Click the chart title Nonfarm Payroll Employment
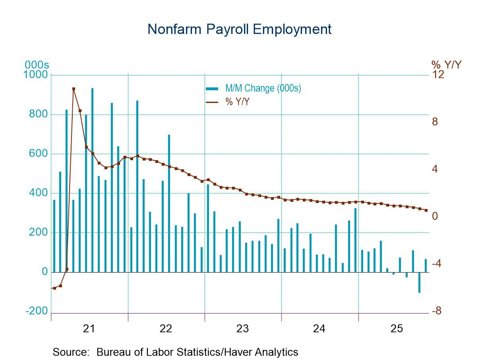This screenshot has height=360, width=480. (x=239, y=29)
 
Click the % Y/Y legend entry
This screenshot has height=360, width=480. (x=237, y=102)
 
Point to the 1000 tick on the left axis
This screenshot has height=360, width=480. (x=37, y=75)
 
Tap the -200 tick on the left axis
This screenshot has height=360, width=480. (x=37, y=311)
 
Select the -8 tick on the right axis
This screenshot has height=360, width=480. (x=437, y=311)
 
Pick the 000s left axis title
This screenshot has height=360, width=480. (x=37, y=64)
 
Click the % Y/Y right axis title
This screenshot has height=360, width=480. (x=446, y=64)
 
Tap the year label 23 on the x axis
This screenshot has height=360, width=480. (x=242, y=329)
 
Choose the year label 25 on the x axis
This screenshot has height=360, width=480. (x=396, y=329)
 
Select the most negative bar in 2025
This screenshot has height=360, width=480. (x=419, y=283)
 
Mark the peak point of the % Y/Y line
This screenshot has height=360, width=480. (x=74, y=89)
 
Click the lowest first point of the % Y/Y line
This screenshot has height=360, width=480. (x=54, y=288)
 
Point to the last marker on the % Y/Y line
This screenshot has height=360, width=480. (x=426, y=211)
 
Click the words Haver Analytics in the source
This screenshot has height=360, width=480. (x=263, y=352)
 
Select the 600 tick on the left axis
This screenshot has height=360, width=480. (x=39, y=154)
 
